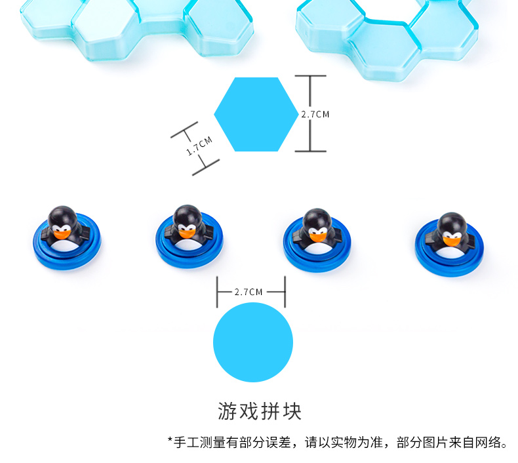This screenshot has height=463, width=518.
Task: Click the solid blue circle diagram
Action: point(252,342)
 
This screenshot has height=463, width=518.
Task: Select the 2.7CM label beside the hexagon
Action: point(315,114)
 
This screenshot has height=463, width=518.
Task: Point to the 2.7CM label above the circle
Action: point(249,292)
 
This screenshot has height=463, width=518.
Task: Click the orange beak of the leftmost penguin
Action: point(61,232)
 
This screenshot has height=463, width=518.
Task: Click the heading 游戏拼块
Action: point(259,411)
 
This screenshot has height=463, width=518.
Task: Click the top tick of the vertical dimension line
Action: point(310,76)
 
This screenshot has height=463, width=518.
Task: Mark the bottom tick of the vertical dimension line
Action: point(310,151)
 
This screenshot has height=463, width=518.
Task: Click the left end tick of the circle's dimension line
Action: point(218,292)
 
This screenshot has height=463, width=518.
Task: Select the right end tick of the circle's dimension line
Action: point(285,292)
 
